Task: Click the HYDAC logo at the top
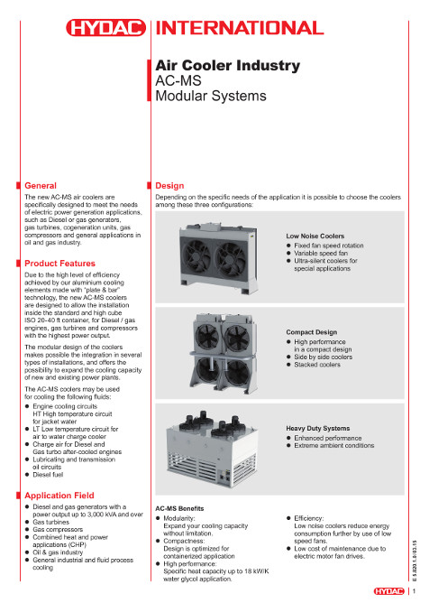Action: tap(105, 28)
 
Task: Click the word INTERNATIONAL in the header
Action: tap(240, 28)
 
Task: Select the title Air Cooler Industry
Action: tap(227, 65)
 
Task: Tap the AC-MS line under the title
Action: tap(178, 80)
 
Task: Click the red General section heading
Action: tap(41, 186)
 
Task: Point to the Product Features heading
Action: tap(59, 264)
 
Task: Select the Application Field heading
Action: tap(59, 496)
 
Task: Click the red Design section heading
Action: tap(169, 186)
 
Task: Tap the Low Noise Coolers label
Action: tap(315, 237)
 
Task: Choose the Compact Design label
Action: tap(312, 332)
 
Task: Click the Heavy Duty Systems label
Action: tap(317, 429)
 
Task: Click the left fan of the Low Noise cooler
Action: tap(196, 258)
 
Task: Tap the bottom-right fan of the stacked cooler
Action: tap(237, 371)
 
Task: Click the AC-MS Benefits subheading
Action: tap(179, 508)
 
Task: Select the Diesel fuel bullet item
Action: tap(48, 475)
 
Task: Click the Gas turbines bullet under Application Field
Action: tap(50, 522)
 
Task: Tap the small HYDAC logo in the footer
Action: tap(389, 591)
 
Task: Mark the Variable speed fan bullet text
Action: tap(321, 253)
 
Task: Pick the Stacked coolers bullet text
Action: tap(317, 365)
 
